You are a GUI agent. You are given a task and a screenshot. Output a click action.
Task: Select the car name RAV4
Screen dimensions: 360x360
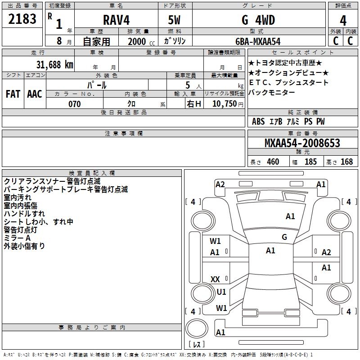tap(115, 20)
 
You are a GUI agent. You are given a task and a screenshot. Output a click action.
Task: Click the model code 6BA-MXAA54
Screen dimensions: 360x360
tap(258, 41)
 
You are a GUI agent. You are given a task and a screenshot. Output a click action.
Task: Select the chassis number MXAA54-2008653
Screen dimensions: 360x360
tap(302, 143)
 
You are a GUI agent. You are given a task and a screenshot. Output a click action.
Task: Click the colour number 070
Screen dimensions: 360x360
tap(74, 104)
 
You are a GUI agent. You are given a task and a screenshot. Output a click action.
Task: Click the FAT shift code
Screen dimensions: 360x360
tap(13, 94)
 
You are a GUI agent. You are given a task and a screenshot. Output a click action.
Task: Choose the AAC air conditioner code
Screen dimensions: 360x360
tap(35, 94)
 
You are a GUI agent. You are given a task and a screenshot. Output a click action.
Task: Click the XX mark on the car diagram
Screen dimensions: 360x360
tap(215, 279)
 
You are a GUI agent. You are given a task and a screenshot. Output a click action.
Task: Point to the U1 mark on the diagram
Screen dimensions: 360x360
tap(221, 292)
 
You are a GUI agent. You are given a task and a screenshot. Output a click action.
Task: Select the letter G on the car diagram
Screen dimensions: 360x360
tap(284, 237)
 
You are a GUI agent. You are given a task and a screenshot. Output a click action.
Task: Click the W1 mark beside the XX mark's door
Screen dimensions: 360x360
tap(221, 308)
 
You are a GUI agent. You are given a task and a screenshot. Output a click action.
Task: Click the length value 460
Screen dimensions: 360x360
tap(272, 162)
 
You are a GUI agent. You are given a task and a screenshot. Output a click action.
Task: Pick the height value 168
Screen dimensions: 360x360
tap(346, 162)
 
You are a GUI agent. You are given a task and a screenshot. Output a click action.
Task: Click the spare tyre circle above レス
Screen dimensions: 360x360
tap(195, 328)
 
